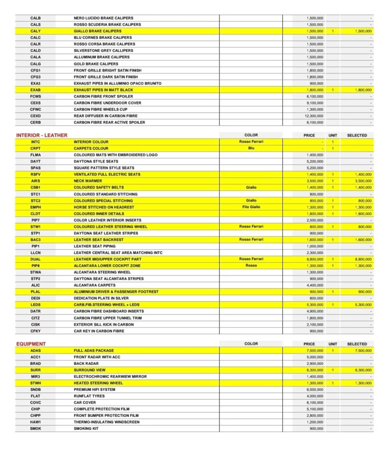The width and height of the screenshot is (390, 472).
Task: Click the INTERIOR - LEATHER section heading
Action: (x=42, y=135)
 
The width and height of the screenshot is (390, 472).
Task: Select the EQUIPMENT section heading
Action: (x=31, y=344)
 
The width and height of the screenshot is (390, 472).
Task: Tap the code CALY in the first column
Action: (x=35, y=31)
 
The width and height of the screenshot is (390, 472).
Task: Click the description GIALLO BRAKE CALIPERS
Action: (x=98, y=31)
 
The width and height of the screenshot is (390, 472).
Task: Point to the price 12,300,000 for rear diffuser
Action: (x=314, y=116)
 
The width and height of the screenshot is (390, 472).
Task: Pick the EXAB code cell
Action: (x=35, y=90)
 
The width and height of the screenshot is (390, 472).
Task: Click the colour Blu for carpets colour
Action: (x=251, y=148)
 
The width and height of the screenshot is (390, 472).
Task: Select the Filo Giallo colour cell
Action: (x=251, y=207)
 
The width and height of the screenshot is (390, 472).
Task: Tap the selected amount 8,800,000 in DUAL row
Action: (x=363, y=259)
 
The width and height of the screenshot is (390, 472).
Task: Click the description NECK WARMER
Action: (x=88, y=181)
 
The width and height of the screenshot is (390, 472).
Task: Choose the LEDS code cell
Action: (x=35, y=304)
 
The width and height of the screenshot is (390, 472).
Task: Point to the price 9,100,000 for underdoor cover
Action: (x=315, y=103)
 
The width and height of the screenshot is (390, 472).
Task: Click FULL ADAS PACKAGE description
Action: (x=94, y=350)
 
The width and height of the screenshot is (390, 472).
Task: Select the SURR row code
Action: (x=35, y=370)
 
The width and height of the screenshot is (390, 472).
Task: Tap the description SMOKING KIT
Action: (x=86, y=429)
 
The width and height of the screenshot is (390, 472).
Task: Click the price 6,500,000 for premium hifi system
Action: (x=315, y=390)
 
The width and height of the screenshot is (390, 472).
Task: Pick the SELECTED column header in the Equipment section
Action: (x=357, y=344)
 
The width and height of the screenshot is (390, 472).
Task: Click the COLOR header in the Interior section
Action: (x=251, y=135)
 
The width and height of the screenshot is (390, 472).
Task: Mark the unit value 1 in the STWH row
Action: (x=333, y=383)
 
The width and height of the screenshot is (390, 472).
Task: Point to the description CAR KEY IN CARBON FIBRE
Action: (x=99, y=331)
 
